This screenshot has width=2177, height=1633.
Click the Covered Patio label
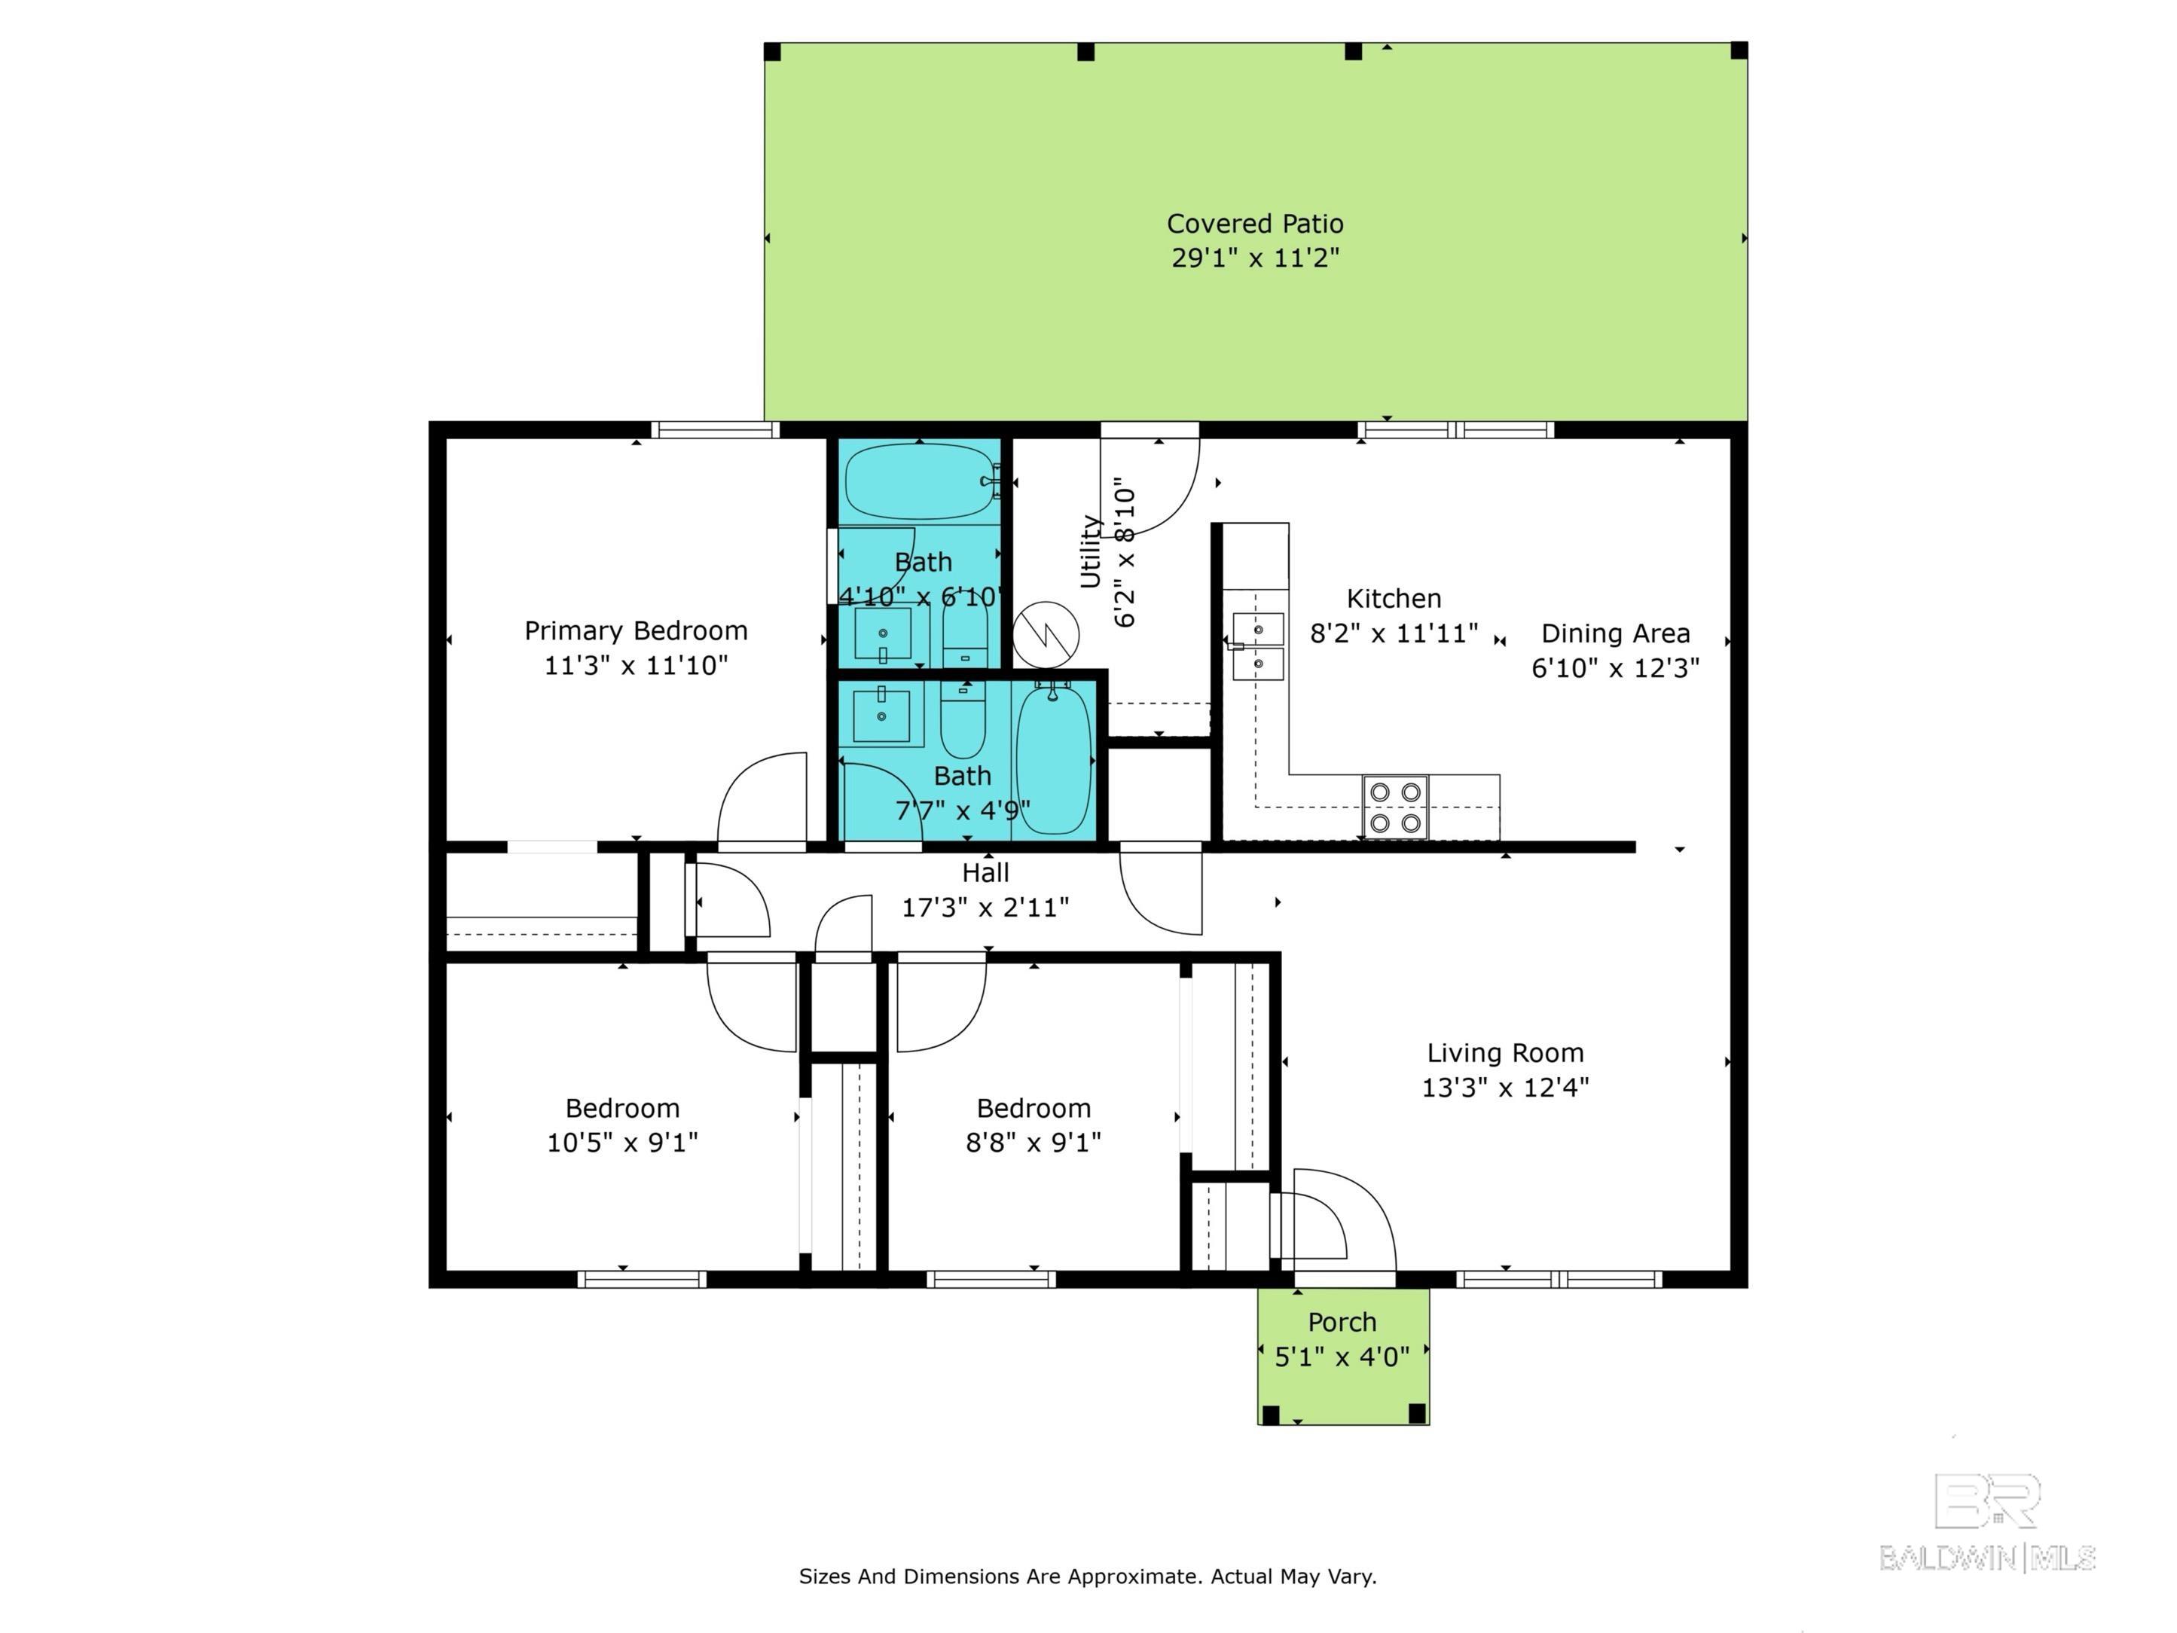(1255, 224)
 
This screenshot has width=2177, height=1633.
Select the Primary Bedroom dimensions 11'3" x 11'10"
(636, 665)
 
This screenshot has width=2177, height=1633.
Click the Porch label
(1342, 1322)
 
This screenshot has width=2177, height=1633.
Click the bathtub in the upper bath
(921, 481)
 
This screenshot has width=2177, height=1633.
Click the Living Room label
(1505, 1052)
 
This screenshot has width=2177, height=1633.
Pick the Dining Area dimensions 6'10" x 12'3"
(1615, 668)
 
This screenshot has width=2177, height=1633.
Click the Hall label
(985, 873)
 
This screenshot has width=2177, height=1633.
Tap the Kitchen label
(1394, 599)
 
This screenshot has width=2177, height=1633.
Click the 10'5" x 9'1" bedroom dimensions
(622, 1143)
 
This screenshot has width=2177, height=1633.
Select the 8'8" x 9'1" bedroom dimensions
(1034, 1143)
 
